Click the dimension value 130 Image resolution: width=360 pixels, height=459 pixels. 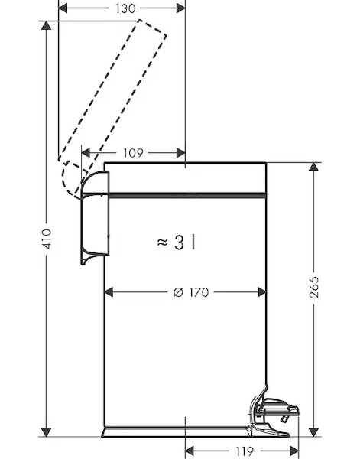click(125, 8)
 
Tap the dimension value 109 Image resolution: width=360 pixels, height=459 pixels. click(133, 153)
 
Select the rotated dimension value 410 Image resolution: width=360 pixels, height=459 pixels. click(46, 239)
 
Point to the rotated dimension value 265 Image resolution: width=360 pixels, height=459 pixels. click(314, 287)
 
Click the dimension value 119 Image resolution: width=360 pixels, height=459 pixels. click(245, 451)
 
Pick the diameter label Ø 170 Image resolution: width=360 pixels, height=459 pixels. click(191, 292)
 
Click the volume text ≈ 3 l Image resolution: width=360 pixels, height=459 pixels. click(176, 243)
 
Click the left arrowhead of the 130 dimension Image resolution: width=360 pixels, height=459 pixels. click(63, 8)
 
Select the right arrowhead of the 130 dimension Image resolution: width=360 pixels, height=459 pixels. click(180, 8)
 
